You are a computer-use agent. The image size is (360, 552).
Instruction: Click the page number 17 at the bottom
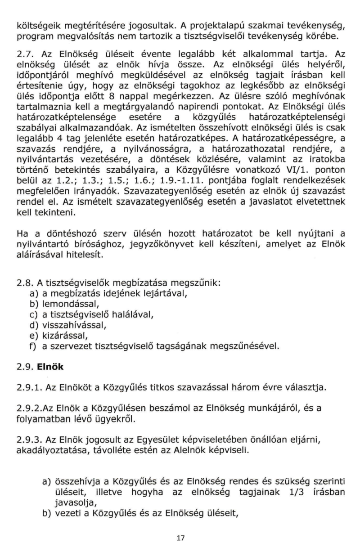[x=180, y=537]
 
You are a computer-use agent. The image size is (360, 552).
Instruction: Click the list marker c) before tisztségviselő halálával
[x=33, y=314]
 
